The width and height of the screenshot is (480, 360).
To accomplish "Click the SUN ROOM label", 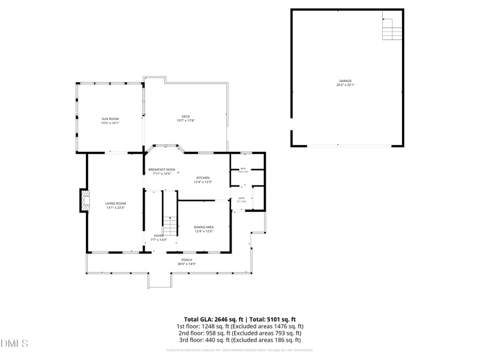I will click(110, 119).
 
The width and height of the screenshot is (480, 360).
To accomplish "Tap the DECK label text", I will click(186, 116).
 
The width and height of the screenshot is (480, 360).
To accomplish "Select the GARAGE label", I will click(345, 80).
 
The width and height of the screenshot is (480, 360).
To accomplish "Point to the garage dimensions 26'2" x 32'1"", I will click(345, 85).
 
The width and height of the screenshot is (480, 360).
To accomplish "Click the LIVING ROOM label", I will click(116, 203).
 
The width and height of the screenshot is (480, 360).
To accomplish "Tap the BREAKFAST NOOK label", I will click(162, 170).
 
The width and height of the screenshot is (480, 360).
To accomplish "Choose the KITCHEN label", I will click(203, 178).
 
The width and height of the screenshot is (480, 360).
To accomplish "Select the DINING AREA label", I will click(203, 227).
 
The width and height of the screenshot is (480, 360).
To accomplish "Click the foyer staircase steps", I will click(171, 227).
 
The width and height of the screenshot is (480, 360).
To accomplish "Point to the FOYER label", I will click(158, 236).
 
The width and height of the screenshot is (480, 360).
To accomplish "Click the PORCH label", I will click(187, 260).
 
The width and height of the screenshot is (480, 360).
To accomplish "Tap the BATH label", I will click(243, 169).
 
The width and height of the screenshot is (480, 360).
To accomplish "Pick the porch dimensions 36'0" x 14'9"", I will click(187, 264).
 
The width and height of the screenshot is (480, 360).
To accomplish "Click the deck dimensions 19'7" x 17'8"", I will click(186, 121).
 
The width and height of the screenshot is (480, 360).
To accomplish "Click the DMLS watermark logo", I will click(14, 344).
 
